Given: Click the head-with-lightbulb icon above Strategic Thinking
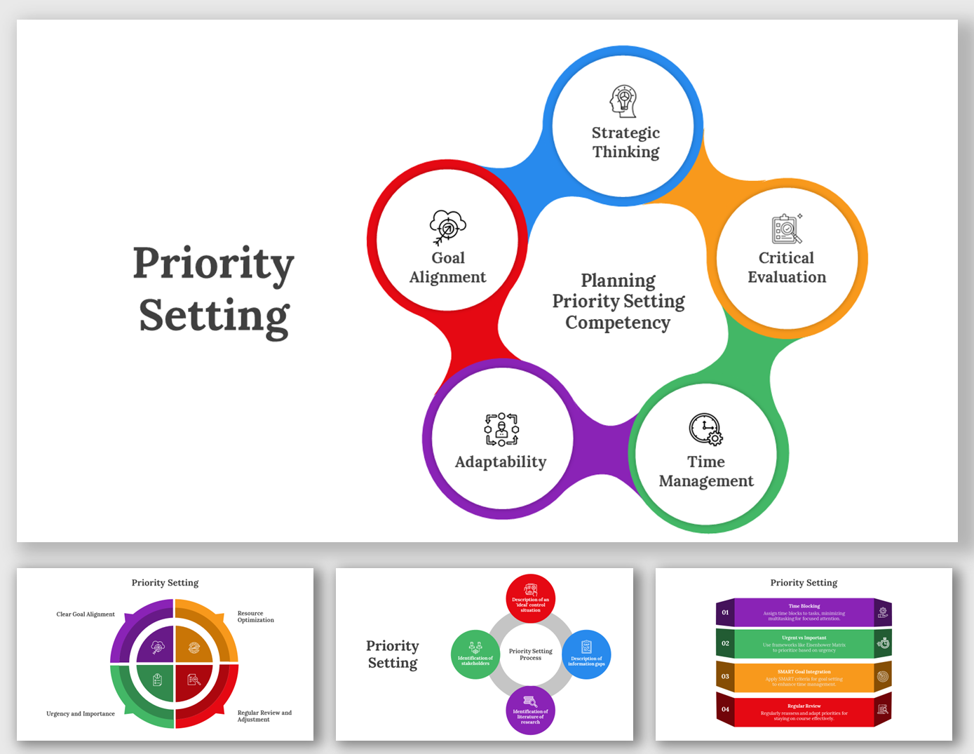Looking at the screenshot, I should pos(623,101).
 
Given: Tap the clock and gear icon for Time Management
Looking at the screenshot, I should pos(705,429).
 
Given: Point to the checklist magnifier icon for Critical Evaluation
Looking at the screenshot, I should pos(787,229).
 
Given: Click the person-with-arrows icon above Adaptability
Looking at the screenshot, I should pos(501,429).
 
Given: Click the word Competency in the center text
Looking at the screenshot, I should pos(618,323).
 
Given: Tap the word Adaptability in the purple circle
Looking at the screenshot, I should pos(501,462).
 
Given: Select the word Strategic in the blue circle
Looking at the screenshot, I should pos(625,133).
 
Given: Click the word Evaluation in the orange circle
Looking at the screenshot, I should pos(787,277).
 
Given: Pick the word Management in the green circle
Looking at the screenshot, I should pos(706,481).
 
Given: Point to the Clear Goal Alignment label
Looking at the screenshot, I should pos(86,614).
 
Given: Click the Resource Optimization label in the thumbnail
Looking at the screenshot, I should pos(255,617).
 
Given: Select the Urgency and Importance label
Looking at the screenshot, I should pos(81,714).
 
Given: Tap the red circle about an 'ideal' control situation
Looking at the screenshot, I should pos(531,598).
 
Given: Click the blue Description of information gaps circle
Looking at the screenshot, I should pos(586,654).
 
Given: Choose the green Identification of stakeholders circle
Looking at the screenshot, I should pos(475,654).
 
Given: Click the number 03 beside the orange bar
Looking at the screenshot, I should pos(725,677).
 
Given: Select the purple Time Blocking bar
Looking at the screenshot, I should pos(804,612).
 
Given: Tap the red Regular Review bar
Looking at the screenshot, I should pos(804,712).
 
